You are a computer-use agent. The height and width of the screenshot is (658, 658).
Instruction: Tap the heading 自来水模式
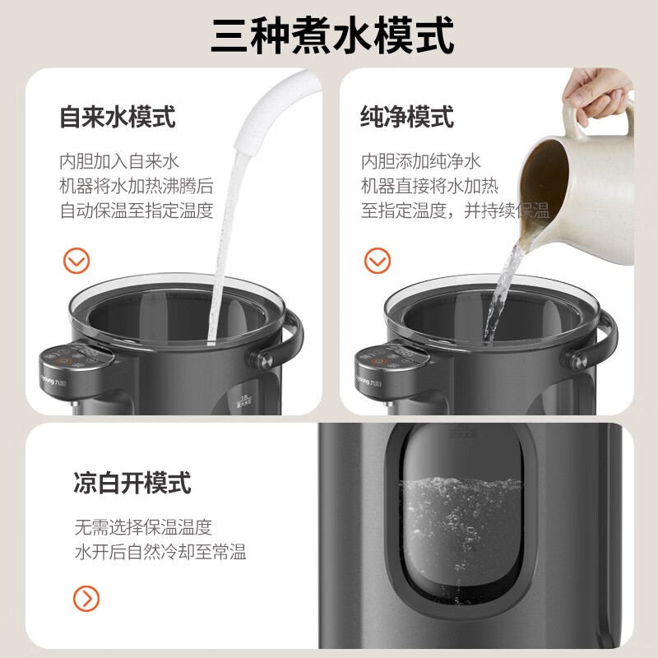point(117,116)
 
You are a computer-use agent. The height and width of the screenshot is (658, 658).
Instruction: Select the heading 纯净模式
point(406,116)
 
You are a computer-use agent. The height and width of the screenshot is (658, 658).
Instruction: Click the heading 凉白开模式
point(132,482)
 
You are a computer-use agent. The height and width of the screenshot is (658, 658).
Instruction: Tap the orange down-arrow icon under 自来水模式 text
point(76,262)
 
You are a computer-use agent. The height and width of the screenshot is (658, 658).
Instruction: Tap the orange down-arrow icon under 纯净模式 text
point(378,262)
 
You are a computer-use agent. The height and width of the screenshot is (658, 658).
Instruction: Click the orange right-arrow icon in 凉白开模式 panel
point(86,597)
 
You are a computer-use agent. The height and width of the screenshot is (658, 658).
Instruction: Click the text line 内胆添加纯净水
point(420,160)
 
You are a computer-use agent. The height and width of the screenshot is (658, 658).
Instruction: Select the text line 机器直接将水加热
point(429,185)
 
